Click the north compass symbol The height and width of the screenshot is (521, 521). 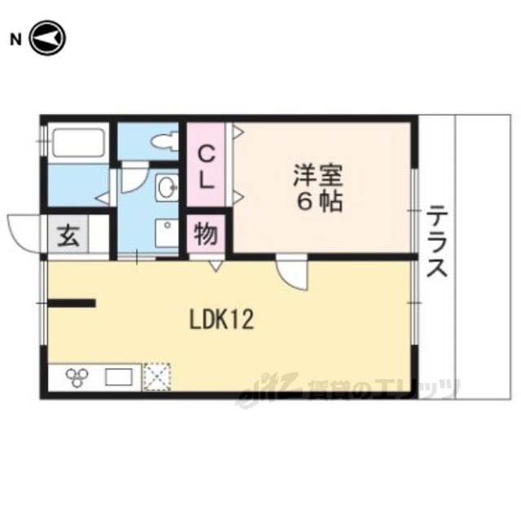point(48,38)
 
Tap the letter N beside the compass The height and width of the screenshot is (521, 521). point(15,40)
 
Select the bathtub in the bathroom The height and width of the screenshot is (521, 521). point(79,143)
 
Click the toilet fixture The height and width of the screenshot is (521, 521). point(164,142)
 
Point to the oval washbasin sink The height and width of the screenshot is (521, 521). point(167,188)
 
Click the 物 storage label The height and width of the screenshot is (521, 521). point(206,234)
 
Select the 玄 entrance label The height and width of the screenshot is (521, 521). point(68,236)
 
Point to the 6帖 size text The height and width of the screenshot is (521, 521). point(319,202)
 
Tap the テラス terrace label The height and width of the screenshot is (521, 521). point(436,241)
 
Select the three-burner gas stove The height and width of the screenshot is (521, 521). point(77,377)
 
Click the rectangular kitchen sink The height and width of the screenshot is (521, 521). point(119,377)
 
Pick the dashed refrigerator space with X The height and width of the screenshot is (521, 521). point(156,377)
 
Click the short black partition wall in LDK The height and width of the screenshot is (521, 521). point(72,303)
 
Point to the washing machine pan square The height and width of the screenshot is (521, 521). point(167,233)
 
